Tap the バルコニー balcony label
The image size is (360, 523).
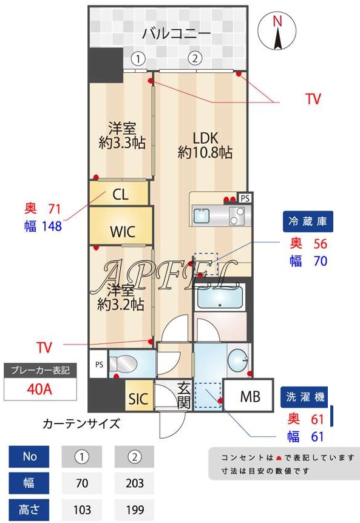(176, 33)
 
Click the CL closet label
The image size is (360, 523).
(120, 194)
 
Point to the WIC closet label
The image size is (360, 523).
(122, 231)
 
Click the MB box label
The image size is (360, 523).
(250, 397)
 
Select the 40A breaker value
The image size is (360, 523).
(39, 388)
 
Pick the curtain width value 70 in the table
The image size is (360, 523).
(83, 483)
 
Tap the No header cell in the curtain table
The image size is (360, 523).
(30, 457)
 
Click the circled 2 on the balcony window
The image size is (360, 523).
(194, 59)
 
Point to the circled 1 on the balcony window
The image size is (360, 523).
(139, 59)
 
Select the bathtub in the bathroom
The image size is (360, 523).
(219, 297)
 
